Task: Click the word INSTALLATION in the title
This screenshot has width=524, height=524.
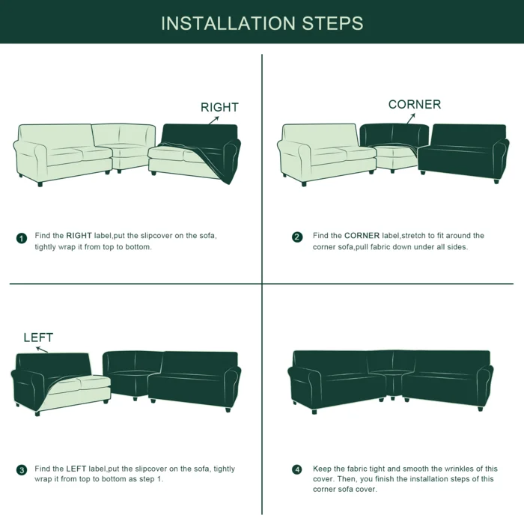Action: click(228, 23)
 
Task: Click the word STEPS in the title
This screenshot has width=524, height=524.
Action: click(332, 23)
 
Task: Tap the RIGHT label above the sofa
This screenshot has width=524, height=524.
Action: click(219, 107)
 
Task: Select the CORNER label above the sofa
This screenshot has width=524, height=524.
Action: click(415, 104)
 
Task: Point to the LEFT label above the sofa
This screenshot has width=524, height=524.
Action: click(38, 338)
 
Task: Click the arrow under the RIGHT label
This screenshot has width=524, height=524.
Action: click(214, 121)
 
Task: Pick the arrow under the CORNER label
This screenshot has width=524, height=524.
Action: click(411, 118)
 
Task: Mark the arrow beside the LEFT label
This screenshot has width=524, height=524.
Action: click(42, 350)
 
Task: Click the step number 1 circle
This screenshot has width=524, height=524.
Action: click(22, 238)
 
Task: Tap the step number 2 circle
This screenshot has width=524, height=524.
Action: click(297, 237)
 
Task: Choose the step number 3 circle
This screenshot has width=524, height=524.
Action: click(22, 470)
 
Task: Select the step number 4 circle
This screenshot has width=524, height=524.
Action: click(297, 469)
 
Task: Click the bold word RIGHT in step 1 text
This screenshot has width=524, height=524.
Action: click(79, 236)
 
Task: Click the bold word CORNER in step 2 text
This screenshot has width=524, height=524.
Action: click(362, 236)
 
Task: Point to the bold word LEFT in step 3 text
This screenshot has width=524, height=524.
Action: click(76, 469)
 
